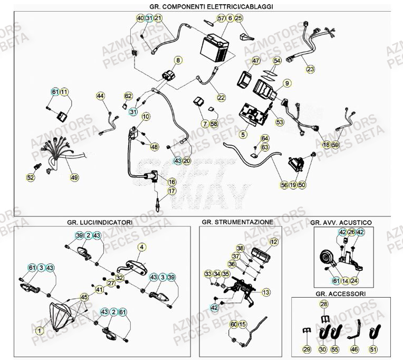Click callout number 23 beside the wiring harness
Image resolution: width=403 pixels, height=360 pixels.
[310, 69]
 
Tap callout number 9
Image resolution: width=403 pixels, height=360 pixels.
[287, 83]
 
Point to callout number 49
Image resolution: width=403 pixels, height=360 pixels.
[74, 177]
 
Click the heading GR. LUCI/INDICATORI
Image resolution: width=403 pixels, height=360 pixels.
[100, 223]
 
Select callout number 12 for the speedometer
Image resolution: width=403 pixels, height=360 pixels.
[273, 242]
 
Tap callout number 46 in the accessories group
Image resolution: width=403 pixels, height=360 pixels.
[354, 349]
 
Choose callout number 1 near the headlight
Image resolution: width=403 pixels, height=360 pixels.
[40, 330]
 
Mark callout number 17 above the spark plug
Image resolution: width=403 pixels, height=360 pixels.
[171, 191]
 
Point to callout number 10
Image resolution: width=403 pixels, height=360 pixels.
[146, 116]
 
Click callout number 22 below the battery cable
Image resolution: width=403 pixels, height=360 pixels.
[220, 97]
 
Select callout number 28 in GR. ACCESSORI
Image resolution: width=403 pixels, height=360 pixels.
[324, 304]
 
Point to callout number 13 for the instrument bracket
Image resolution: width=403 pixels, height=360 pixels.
[265, 292]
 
